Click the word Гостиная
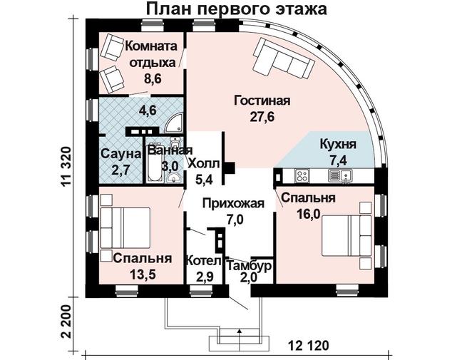pyautogui.click(x=262, y=101)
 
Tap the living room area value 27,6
pyautogui.click(x=262, y=117)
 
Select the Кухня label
pyautogui.click(x=338, y=145)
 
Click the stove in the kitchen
pyautogui.click(x=302, y=175)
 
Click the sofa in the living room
pyautogui.click(x=284, y=59)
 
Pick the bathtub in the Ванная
pyautogui.click(x=153, y=163)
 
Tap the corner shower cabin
pyautogui.click(x=173, y=124)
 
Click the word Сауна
pyautogui.click(x=121, y=154)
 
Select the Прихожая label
pyautogui.click(x=233, y=203)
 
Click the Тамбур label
pyautogui.click(x=250, y=266)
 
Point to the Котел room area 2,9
pyautogui.click(x=205, y=277)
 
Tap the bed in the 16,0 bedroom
pyautogui.click(x=346, y=235)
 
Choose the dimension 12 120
pyautogui.click(x=309, y=346)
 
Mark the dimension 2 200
pyautogui.click(x=66, y=322)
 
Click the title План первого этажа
pyautogui.click(x=236, y=9)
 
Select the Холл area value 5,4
pyautogui.click(x=204, y=180)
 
